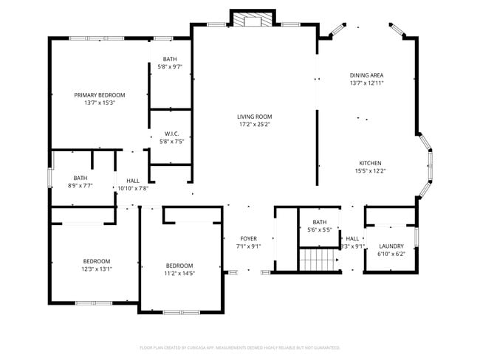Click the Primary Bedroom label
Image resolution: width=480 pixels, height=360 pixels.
tap(99, 95)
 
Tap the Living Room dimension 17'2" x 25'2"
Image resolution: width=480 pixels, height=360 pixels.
tap(255, 125)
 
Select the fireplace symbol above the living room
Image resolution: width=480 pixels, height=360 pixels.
tap(254, 20)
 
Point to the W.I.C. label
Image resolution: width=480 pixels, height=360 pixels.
tap(171, 134)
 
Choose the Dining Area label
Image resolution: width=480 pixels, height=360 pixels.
tap(366, 75)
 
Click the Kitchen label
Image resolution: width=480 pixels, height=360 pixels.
tap(370, 163)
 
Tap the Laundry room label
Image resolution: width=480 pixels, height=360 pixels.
tap(391, 246)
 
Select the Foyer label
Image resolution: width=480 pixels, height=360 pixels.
tap(248, 239)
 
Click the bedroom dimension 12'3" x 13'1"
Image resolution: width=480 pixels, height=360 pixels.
tap(96, 269)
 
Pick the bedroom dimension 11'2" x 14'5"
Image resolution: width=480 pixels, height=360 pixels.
tap(179, 274)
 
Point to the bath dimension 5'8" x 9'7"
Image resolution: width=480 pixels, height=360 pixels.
tap(171, 66)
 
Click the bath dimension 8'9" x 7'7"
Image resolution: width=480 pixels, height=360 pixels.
tap(80, 186)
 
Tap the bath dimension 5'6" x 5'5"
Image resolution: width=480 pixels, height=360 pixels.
tap(319, 230)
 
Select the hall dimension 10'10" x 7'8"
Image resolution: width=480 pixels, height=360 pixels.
tap(133, 188)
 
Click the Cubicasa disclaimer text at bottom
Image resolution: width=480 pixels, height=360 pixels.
tap(239, 347)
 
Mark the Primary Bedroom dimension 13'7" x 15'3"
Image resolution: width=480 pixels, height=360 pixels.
tap(99, 103)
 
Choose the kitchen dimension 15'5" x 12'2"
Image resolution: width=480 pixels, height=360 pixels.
tap(370, 170)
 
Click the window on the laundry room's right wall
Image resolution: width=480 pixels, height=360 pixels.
tap(417, 237)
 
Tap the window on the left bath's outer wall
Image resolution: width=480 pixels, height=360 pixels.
tap(49, 179)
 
